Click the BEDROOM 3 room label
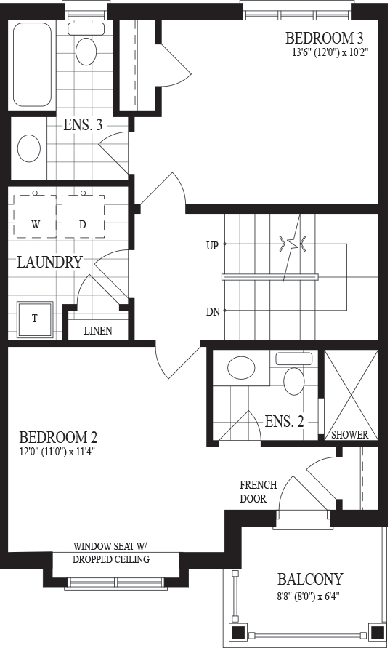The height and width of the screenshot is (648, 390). (325, 39)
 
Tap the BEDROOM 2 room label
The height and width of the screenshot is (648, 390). (58, 437)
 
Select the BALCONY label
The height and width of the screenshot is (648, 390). (310, 580)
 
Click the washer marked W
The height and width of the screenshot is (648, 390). (36, 215)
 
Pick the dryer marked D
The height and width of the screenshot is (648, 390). (83, 215)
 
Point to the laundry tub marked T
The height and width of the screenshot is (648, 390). (35, 319)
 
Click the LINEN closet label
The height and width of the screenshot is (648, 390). (98, 331)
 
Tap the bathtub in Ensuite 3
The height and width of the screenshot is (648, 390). (32, 65)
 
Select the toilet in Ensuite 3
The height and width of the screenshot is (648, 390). (86, 44)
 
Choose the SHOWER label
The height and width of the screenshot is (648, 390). (350, 435)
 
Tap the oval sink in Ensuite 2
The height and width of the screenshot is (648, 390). (241, 367)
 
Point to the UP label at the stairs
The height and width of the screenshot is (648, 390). (212, 246)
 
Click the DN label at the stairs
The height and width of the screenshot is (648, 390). (213, 312)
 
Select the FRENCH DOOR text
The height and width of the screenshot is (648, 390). (259, 492)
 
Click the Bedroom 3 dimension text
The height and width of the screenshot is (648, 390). (330, 52)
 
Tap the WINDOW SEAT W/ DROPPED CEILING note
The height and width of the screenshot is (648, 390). (111, 553)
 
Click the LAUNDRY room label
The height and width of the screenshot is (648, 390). (49, 262)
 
